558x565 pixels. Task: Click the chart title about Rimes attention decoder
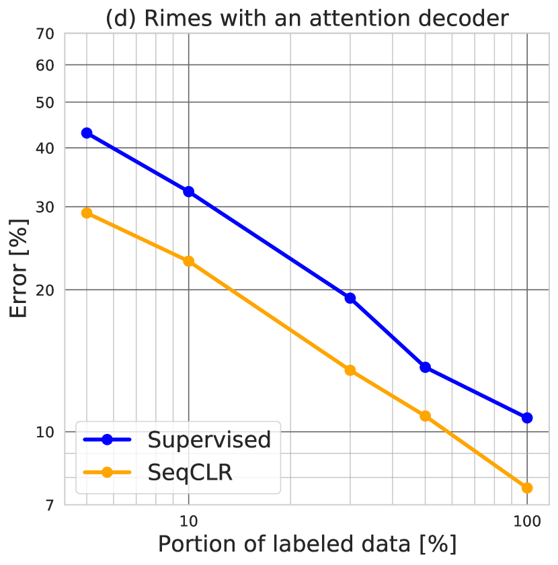(307, 18)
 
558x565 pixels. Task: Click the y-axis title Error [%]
(20, 269)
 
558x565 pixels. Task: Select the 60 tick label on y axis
(44, 65)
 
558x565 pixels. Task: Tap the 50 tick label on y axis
(44, 103)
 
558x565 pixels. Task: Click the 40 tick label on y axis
(44, 148)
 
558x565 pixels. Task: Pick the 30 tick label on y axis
(44, 207)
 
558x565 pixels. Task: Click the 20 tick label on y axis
(44, 290)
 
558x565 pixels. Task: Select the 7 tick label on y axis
(49, 505)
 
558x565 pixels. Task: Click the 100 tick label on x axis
(527, 521)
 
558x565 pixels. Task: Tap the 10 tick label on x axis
(188, 521)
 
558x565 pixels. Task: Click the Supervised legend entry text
(209, 440)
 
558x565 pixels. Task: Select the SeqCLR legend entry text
(190, 472)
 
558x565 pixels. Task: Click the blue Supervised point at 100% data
(527, 418)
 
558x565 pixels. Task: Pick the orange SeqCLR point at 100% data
(527, 488)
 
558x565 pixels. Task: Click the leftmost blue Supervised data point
(87, 133)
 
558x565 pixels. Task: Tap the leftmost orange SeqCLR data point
(87, 213)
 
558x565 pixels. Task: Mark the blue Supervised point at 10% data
(189, 192)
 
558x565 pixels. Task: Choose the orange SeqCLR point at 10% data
(189, 261)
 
